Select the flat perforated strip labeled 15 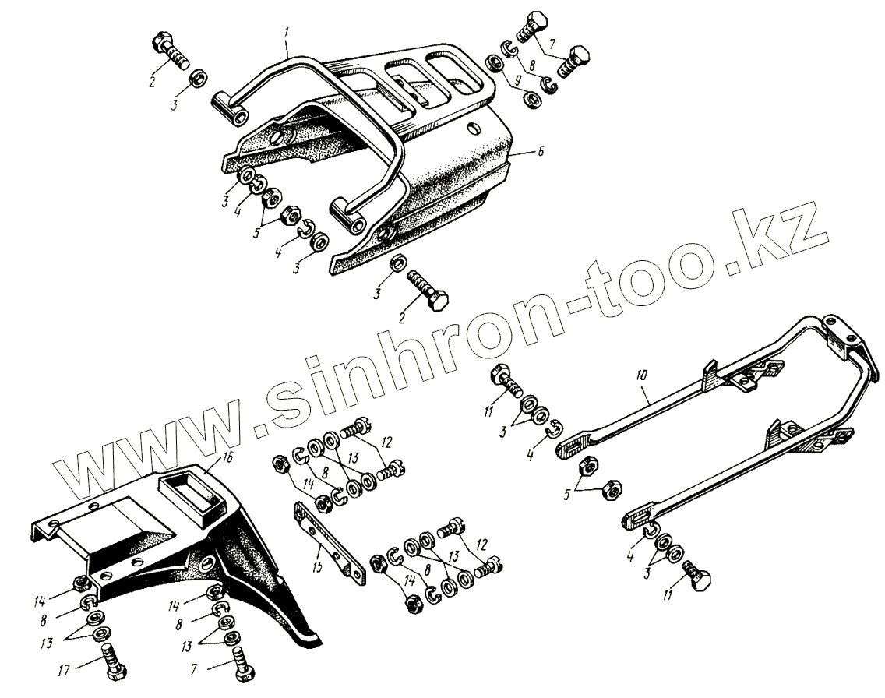pos(328,537)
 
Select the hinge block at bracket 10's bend pos(843,333)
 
